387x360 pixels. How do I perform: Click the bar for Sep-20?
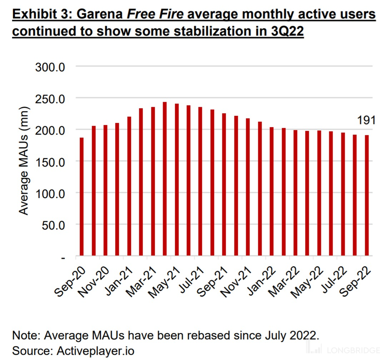81,196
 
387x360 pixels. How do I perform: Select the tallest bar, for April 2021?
165,179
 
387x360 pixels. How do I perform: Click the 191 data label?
366,121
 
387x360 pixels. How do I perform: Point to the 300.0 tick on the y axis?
49,67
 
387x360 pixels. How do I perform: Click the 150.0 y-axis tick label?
49,161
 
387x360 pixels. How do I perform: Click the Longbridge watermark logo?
343,349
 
